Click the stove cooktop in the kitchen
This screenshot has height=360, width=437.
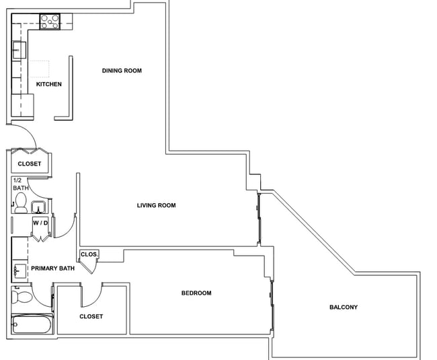pyautogui.click(x=50, y=22)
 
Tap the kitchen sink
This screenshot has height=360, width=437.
pyautogui.click(x=19, y=50)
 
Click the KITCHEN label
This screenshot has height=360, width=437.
pyautogui.click(x=49, y=84)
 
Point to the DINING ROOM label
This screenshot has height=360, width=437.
pyautogui.click(x=122, y=71)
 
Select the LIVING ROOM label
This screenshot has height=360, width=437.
pyautogui.click(x=157, y=205)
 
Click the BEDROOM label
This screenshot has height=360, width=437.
pyautogui.click(x=196, y=293)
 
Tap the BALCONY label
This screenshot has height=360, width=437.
pyautogui.click(x=344, y=308)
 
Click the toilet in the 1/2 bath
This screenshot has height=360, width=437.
pyautogui.click(x=21, y=203)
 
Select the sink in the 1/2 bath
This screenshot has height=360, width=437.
pyautogui.click(x=38, y=207)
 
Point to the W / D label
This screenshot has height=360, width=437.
pyautogui.click(x=41, y=223)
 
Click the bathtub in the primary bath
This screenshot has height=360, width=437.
pyautogui.click(x=32, y=324)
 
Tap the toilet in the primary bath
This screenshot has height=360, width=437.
pyautogui.click(x=22, y=297)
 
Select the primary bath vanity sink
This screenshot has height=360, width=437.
pyautogui.click(x=19, y=271)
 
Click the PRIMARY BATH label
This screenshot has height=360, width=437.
pyautogui.click(x=53, y=268)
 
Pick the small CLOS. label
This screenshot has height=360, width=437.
pyautogui.click(x=89, y=254)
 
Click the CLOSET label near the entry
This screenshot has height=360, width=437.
pyautogui.click(x=30, y=164)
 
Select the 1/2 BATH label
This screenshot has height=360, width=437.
pyautogui.click(x=20, y=184)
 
